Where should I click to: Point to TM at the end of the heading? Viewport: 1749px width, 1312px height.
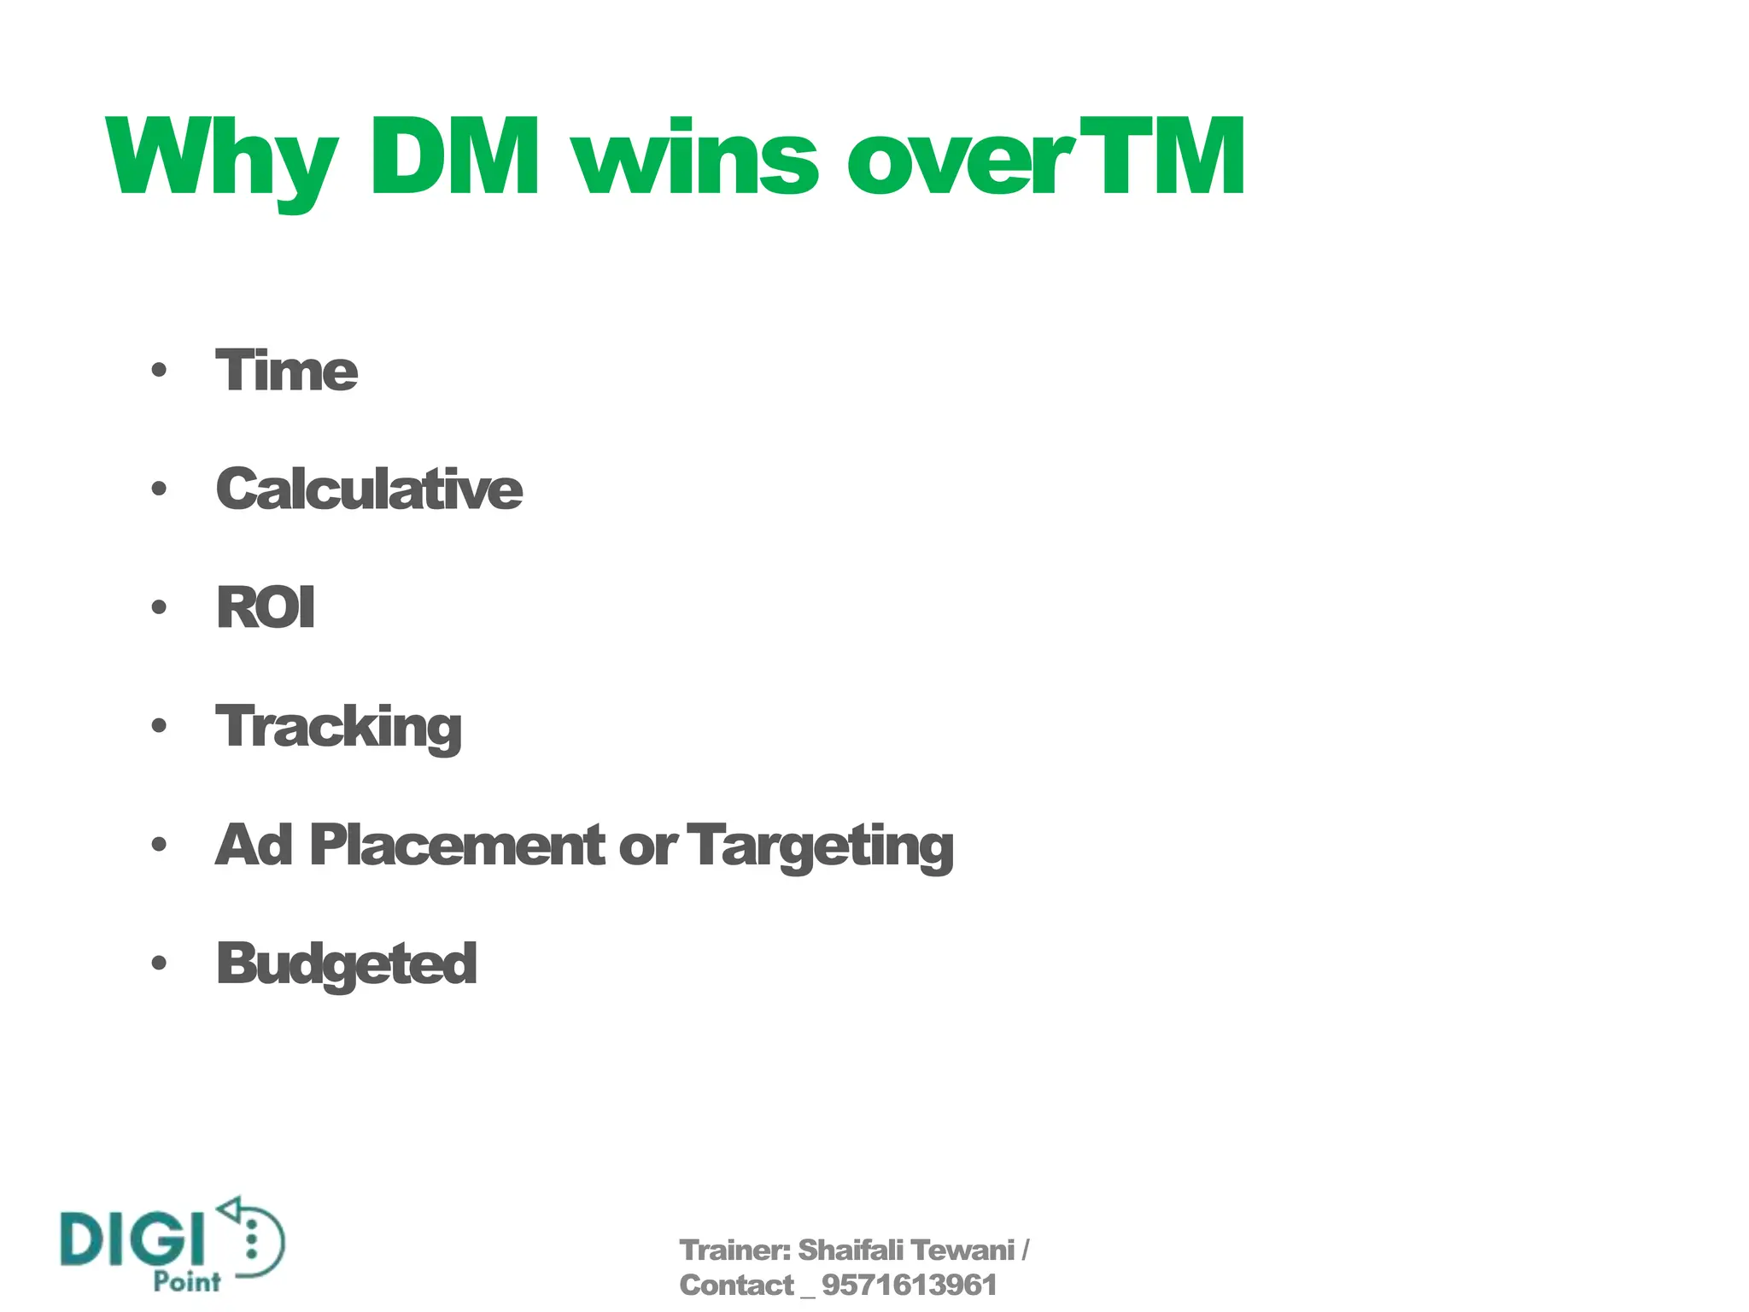pyautogui.click(x=1161, y=156)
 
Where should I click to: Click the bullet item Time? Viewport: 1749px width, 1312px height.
pyautogui.click(x=286, y=371)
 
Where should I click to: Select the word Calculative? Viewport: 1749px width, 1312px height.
pyautogui.click(x=369, y=489)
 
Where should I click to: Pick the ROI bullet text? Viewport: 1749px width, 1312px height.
pyautogui.click(x=266, y=607)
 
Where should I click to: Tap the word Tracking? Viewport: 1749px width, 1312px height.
pyautogui.click(x=338, y=727)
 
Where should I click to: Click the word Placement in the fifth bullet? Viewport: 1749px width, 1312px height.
pyautogui.click(x=458, y=845)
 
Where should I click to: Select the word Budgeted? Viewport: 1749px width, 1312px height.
pyautogui.click(x=346, y=964)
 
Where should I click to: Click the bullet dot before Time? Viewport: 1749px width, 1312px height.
pyautogui.click(x=159, y=371)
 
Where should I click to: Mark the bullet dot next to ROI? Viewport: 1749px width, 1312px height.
pyautogui.click(x=159, y=607)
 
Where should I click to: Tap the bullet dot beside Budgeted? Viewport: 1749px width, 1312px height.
pyautogui.click(x=159, y=963)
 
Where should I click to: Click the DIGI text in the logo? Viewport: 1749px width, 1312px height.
pyautogui.click(x=133, y=1239)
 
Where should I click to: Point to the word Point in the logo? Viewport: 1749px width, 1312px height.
pyautogui.click(x=187, y=1281)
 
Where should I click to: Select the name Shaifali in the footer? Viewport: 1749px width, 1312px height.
pyautogui.click(x=850, y=1250)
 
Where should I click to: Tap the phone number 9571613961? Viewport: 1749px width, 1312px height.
pyautogui.click(x=909, y=1286)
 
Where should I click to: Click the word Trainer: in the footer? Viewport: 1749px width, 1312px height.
pyautogui.click(x=735, y=1250)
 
